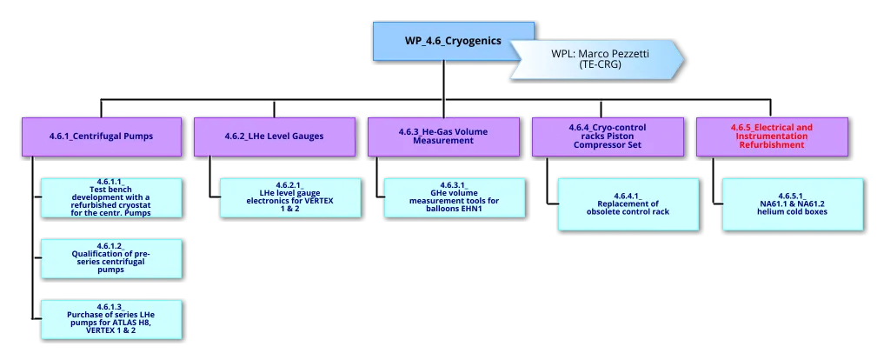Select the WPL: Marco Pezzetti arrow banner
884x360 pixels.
pos(600,59)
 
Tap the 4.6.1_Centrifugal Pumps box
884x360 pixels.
pos(102,137)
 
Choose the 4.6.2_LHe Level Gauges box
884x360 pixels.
pos(274,137)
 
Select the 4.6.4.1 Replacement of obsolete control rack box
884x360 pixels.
pos(627,204)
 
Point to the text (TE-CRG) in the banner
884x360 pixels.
pos(600,64)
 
